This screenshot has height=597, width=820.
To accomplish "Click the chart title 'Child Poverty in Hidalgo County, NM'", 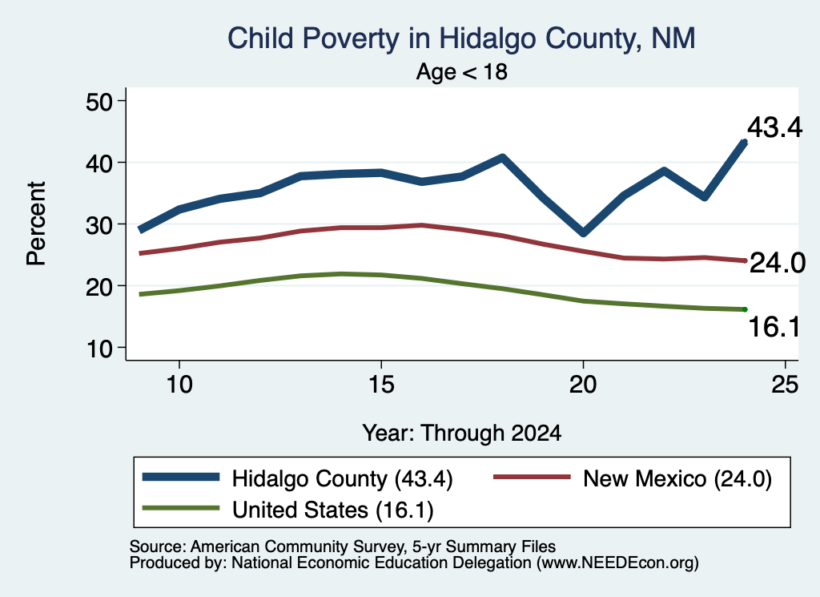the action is point(461,39).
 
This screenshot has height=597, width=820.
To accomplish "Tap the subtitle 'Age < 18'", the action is point(462,71).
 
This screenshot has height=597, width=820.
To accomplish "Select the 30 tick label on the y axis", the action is point(99,225).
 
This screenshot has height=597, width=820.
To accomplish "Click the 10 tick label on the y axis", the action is point(99,349).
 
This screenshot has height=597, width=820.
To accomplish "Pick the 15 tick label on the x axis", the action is point(381,385).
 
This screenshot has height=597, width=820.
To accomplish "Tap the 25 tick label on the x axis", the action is point(785,385).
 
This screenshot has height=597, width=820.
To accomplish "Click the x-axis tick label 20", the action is point(583,385).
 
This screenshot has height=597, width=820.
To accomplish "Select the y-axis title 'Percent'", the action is point(37,224).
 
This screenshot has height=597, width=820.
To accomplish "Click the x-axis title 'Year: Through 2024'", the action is point(462,434).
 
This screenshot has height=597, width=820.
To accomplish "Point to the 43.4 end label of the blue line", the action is point(774,127).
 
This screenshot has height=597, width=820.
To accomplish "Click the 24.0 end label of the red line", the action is point(778,263).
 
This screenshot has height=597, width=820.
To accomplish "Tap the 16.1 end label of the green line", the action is point(774,327).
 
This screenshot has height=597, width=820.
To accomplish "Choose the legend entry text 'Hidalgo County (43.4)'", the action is point(343,478).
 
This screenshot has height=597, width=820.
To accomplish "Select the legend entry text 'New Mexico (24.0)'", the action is point(677,478).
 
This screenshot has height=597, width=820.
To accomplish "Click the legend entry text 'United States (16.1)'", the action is point(333,510).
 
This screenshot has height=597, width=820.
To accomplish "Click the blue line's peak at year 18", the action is point(502,158).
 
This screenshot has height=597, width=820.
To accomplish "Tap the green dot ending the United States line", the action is point(745,310).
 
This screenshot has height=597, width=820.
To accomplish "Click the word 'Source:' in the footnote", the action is point(158,547).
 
